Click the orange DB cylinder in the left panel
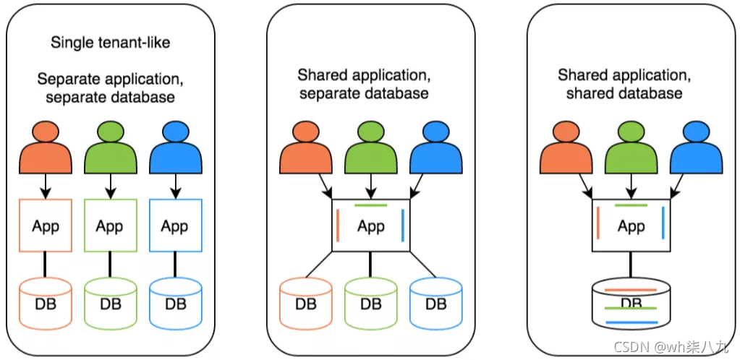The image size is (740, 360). point(46,303)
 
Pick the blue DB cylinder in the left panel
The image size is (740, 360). point(176,303)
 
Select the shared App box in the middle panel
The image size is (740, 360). point(371,225)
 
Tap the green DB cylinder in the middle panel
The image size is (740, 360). point(371,303)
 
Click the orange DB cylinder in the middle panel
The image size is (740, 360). point(306,303)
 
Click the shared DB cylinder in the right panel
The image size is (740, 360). point(631,303)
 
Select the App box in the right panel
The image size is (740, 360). point(631,225)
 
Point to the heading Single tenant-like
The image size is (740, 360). point(111,43)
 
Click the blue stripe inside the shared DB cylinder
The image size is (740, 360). point(631,322)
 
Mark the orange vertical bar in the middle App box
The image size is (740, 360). point(339,226)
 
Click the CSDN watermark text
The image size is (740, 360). point(671,347)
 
